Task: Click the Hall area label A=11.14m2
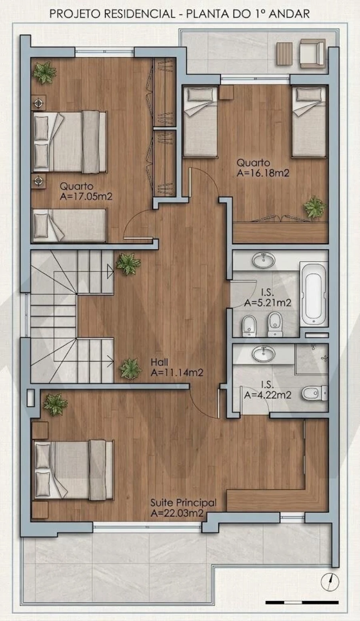(177, 373)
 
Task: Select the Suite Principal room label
(184, 503)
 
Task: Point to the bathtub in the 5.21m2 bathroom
(314, 294)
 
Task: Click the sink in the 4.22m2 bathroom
(264, 354)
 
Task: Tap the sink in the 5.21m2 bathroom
(264, 260)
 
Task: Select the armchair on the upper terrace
(312, 53)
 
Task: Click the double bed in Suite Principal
(74, 470)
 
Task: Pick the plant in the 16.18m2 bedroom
(314, 207)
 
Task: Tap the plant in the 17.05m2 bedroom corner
(44, 73)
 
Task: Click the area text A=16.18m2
(263, 173)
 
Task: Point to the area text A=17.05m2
(86, 196)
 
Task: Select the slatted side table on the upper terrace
(284, 54)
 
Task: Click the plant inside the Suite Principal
(55, 405)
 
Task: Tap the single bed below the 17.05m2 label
(69, 225)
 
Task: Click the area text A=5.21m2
(268, 303)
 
